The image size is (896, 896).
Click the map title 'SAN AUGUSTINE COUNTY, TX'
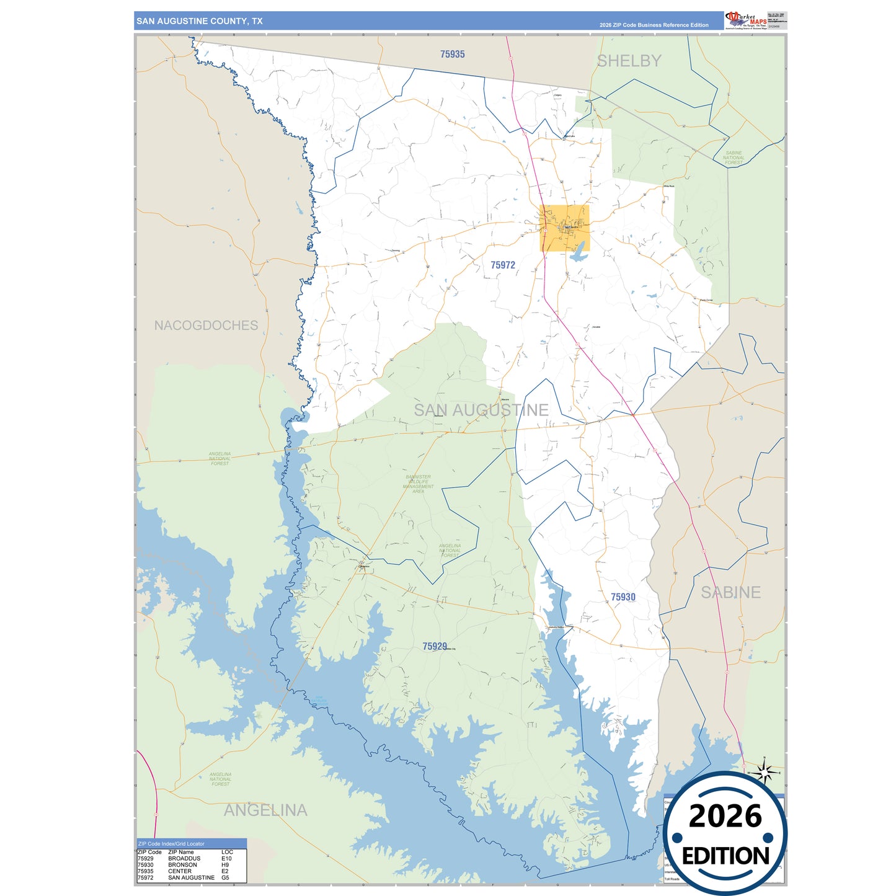pyautogui.click(x=199, y=21)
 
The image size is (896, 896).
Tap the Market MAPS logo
pyautogui.click(x=747, y=20)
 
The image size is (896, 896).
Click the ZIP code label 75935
pyautogui.click(x=452, y=55)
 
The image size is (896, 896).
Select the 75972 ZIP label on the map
pyautogui.click(x=502, y=265)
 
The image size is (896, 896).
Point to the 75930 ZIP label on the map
pyautogui.click(x=623, y=597)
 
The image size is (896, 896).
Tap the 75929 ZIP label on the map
pyautogui.click(x=434, y=646)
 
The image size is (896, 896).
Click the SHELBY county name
pyautogui.click(x=629, y=61)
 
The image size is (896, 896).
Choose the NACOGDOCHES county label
pyautogui.click(x=206, y=326)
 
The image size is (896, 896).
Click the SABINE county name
pyautogui.click(x=730, y=592)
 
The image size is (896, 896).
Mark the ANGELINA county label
pyautogui.click(x=265, y=810)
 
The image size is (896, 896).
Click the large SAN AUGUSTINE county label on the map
pyautogui.click(x=481, y=410)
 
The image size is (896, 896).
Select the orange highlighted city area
pyautogui.click(x=564, y=228)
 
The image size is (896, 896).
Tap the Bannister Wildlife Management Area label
pyautogui.click(x=418, y=484)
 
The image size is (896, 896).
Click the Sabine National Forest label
pyautogui.click(x=734, y=157)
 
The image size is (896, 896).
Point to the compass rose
pyautogui.click(x=765, y=773)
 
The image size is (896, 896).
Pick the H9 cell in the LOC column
pyautogui.click(x=225, y=865)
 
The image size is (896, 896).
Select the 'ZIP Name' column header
pyautogui.click(x=180, y=852)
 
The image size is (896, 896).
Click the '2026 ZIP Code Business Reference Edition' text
pyautogui.click(x=654, y=25)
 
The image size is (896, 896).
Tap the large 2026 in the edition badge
pyautogui.click(x=725, y=816)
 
